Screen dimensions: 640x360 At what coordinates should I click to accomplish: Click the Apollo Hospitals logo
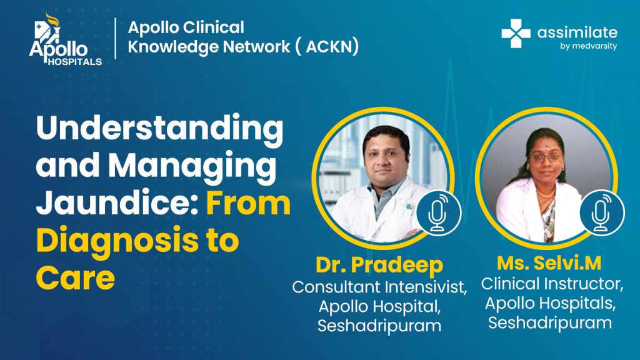point(65,39)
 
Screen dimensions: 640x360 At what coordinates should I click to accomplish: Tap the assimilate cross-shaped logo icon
point(516,34)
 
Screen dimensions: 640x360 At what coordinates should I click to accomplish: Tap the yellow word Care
point(76,277)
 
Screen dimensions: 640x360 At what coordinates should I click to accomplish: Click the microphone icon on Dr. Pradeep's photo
point(438,213)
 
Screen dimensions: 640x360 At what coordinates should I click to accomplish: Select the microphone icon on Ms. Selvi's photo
point(602,213)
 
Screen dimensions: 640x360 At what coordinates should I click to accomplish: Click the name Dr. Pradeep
point(379,264)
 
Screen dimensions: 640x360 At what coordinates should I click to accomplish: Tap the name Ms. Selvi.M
point(549,263)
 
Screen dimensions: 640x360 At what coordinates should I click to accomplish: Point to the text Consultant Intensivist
point(379,287)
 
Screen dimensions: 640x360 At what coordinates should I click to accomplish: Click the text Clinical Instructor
point(552,284)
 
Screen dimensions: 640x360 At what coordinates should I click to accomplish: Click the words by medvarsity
point(588,46)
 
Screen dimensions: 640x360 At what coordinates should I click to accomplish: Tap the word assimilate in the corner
point(577,32)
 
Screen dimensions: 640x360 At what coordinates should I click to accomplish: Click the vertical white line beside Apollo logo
point(116,38)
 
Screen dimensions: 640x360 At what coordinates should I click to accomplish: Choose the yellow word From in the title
point(248,203)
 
